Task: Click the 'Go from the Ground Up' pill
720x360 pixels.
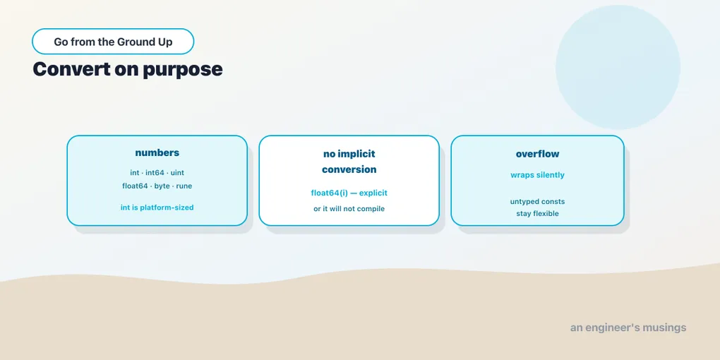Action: [x=113, y=42]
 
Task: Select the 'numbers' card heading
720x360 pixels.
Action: [x=157, y=153]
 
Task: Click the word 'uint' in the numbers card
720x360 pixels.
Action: [x=177, y=173]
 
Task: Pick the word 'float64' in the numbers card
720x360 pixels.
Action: [x=135, y=186]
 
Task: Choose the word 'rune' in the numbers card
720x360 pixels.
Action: [x=184, y=186]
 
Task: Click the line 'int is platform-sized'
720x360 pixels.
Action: [x=157, y=208]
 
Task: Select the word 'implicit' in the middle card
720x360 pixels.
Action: [x=357, y=155]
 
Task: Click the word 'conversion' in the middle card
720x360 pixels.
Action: [x=349, y=169]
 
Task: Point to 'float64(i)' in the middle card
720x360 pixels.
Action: [x=329, y=193]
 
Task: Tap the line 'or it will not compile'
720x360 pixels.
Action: [x=349, y=209]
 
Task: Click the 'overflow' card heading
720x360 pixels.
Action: [x=537, y=154]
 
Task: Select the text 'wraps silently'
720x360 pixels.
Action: [x=537, y=175]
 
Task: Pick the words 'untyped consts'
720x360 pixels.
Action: [x=537, y=202]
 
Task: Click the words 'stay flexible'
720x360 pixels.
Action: [x=537, y=213]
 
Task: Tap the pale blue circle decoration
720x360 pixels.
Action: [x=618, y=67]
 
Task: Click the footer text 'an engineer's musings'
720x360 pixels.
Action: [x=628, y=328]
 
